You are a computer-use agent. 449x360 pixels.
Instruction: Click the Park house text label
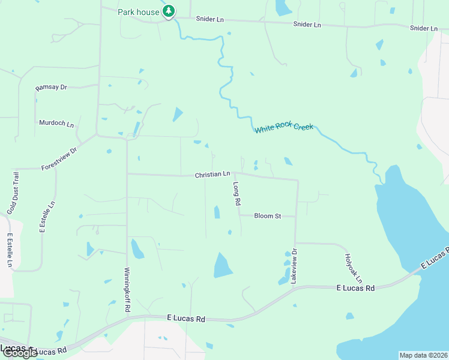[139, 12]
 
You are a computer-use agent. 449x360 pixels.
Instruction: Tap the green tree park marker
[169, 11]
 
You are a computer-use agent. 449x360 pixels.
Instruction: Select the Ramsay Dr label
[51, 87]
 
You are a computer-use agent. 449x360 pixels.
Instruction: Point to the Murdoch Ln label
[56, 123]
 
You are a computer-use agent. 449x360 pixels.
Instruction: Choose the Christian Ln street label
[212, 175]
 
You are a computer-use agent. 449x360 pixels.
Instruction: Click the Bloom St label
[267, 215]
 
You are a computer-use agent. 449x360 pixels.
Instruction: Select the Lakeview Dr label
[294, 266]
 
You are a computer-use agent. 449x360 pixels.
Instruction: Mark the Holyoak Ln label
[354, 268]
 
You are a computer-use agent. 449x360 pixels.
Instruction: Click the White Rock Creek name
[283, 129]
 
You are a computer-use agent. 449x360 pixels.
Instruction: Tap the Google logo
[19, 353]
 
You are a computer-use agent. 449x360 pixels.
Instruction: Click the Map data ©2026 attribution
[423, 355]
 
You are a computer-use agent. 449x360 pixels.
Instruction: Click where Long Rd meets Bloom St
[240, 215]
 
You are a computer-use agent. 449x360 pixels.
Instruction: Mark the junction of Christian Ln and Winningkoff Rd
[127, 174]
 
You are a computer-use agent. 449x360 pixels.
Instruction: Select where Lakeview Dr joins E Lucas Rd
[295, 288]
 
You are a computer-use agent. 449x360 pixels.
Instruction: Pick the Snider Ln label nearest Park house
[210, 19]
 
